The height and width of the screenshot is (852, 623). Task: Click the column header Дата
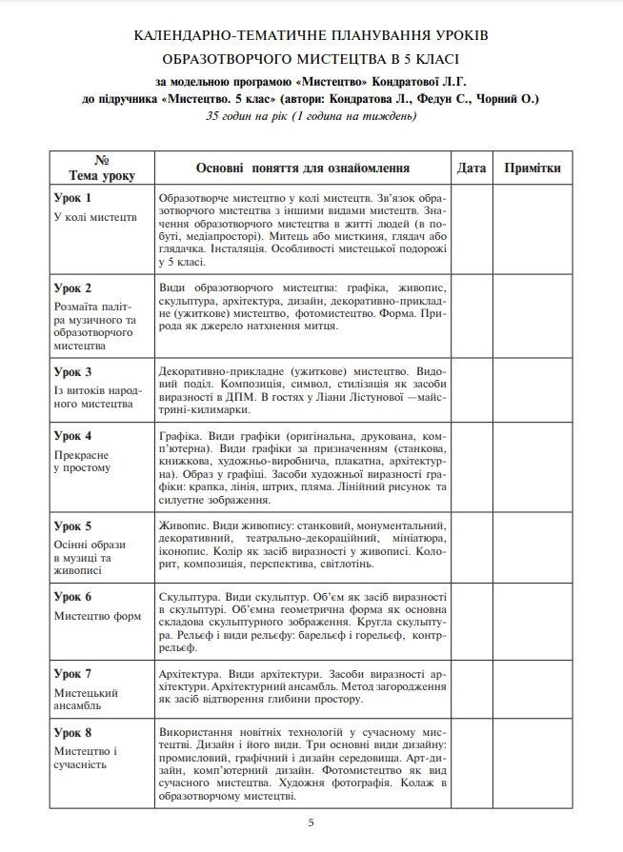472,168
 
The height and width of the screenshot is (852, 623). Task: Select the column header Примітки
533,168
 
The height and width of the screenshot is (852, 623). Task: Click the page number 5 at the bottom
311,823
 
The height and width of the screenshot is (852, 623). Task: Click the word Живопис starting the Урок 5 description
180,525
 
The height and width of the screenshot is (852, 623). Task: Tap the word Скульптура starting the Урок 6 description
188,595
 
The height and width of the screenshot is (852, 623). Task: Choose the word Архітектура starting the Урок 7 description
191,672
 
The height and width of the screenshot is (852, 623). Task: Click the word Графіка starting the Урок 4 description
178,435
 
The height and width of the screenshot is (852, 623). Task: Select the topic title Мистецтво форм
98,616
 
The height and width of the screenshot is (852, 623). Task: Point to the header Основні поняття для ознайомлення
302,168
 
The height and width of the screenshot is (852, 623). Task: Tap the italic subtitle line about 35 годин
311,117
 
